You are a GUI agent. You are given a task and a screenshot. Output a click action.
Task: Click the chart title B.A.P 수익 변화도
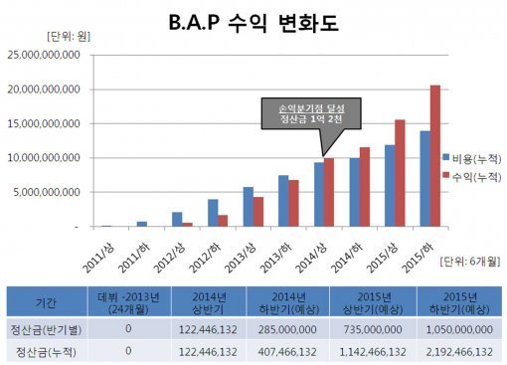point(254,23)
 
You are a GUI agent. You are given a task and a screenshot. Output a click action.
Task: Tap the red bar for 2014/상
point(329,193)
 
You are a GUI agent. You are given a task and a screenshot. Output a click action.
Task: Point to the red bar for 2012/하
point(223,221)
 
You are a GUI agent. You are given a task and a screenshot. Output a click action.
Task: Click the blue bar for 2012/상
point(177,220)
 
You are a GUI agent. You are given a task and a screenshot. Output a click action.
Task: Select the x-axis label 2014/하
point(351,248)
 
